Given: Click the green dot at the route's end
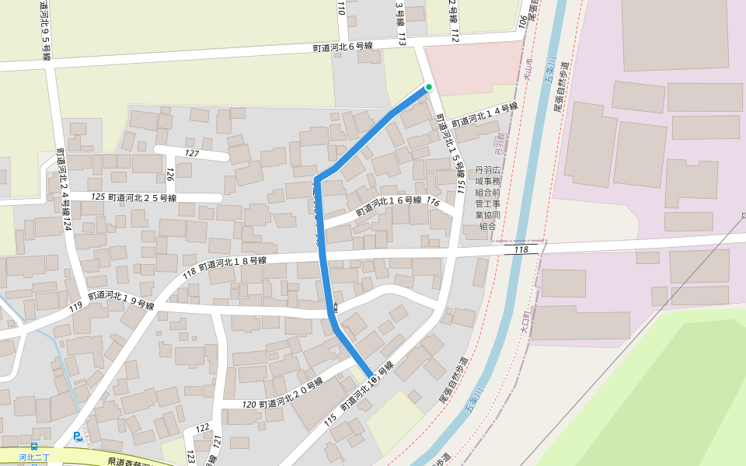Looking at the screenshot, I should click(428, 87).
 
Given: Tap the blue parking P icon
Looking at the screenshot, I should click(77, 436).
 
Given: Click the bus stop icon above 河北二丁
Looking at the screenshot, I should click(33, 448).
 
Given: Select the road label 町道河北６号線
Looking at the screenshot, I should click(343, 47).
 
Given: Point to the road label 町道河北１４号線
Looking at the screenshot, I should click(485, 115).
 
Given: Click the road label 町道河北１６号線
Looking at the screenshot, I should click(389, 206).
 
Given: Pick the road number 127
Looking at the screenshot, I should click(192, 154).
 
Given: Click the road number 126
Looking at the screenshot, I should click(169, 172).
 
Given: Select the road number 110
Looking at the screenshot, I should click(340, 9).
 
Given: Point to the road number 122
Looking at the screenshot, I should click(203, 428).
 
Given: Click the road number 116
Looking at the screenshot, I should click(434, 203).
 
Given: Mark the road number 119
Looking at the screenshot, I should click(75, 308).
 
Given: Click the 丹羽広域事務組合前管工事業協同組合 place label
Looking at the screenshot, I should click(488, 198).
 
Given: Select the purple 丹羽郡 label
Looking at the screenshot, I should click(500, 141).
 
